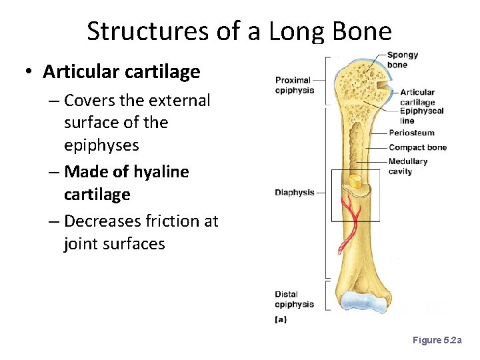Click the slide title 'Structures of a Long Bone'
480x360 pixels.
click(239, 31)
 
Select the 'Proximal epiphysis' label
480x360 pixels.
click(294, 85)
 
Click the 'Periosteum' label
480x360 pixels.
click(411, 133)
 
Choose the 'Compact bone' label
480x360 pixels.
click(417, 147)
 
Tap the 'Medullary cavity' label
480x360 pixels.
click(407, 166)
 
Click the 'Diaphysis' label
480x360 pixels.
click(294, 193)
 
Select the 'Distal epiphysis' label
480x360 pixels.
click(294, 299)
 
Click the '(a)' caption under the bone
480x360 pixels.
click(281, 319)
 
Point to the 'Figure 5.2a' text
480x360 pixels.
click(437, 341)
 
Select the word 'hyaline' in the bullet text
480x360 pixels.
click(160, 172)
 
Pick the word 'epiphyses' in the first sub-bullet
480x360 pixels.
click(97, 145)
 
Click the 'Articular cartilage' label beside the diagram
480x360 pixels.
click(417, 97)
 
